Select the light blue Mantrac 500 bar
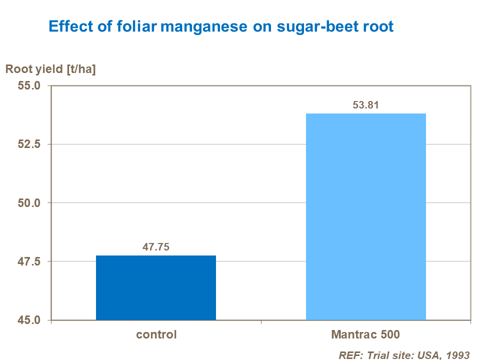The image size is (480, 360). point(365,216)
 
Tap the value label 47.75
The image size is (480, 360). point(156,247)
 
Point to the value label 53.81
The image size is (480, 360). point(365,105)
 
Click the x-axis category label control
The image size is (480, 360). point(156,334)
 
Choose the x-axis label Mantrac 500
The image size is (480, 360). point(365,334)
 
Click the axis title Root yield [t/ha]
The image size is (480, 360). point(50,69)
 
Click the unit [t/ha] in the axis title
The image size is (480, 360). point(81,69)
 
